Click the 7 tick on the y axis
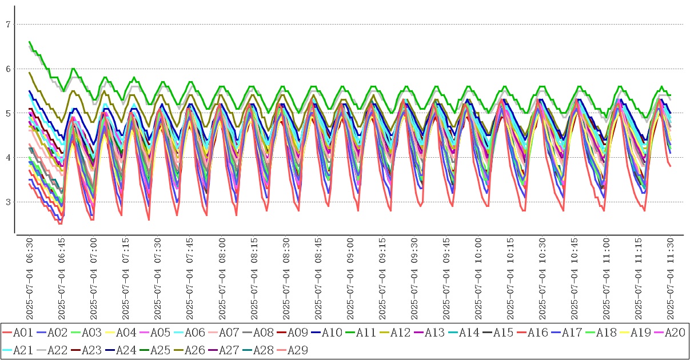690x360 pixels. coord(8,25)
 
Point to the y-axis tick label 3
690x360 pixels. coord(8,202)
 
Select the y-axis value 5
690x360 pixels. coord(8,113)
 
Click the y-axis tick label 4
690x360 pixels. coord(8,158)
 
